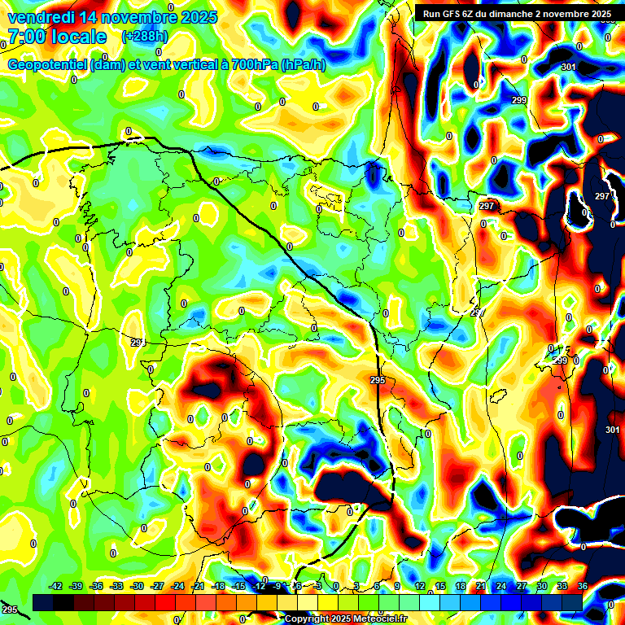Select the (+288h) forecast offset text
145,37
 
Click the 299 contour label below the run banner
519,100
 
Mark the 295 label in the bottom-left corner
9,610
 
